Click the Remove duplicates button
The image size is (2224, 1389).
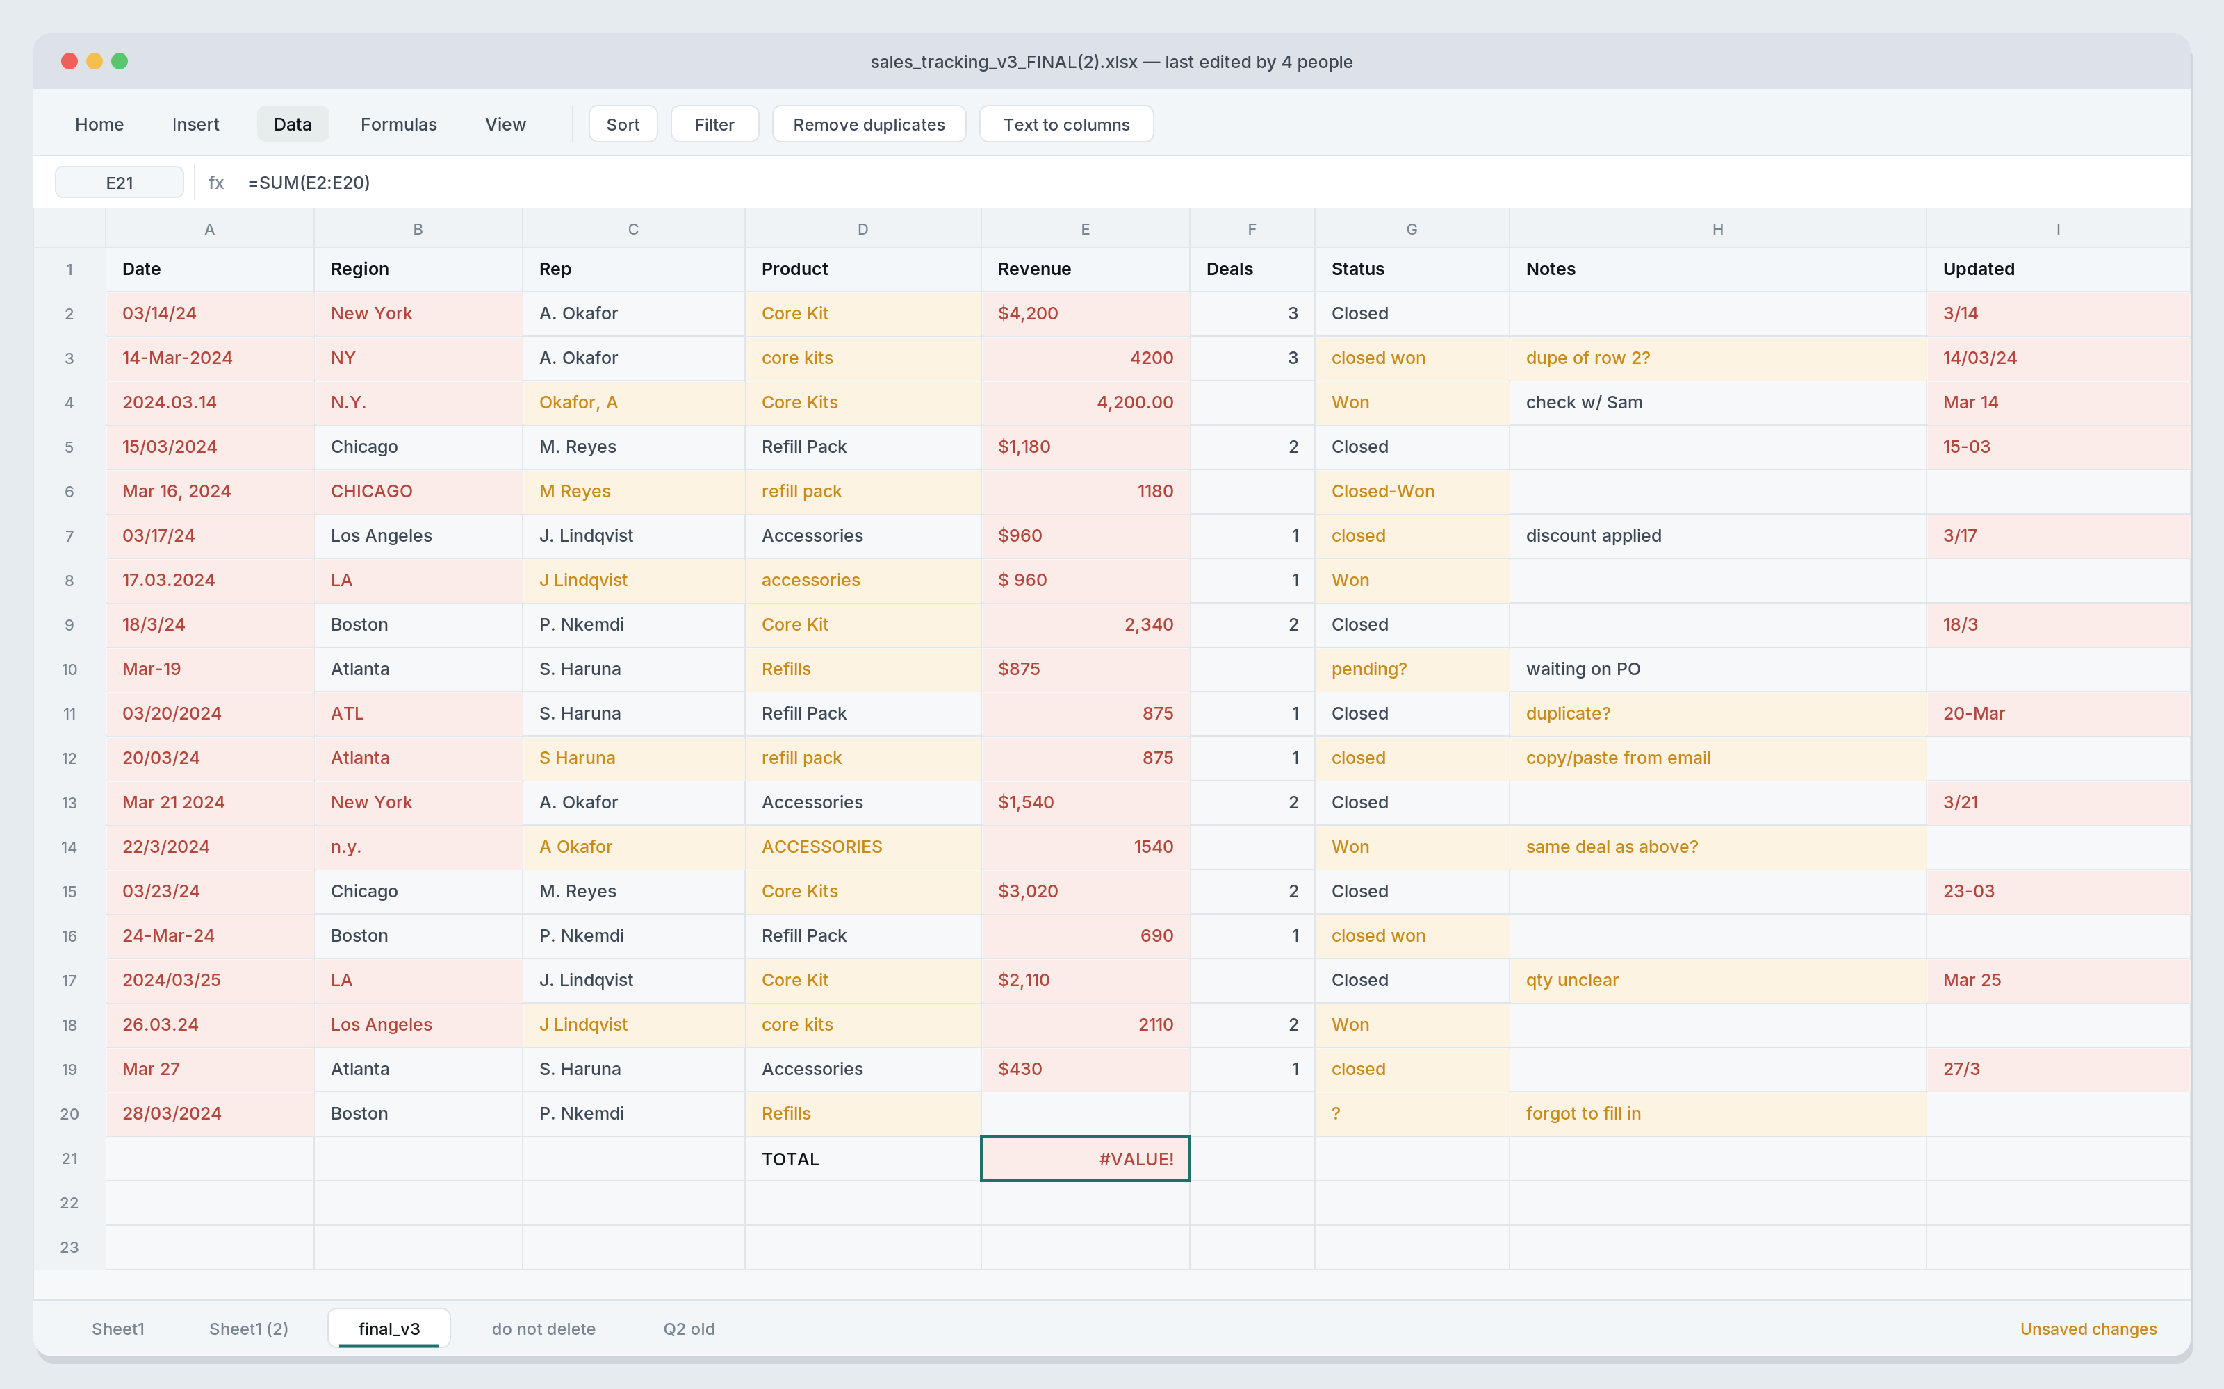pos(869,124)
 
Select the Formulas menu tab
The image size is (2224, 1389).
pos(399,124)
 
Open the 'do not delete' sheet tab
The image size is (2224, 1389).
pos(543,1329)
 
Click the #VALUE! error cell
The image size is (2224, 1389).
pos(1086,1158)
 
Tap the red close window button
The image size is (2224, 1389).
pos(69,62)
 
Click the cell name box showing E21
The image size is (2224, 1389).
pos(120,182)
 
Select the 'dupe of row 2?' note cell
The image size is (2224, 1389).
pos(1717,358)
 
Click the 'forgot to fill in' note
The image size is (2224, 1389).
pos(1583,1113)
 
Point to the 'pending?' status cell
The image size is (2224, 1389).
pos(1412,669)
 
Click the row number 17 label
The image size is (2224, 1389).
pos(69,980)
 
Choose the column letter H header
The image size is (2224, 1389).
pos(1717,228)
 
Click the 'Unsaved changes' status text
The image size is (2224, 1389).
pos(2088,1329)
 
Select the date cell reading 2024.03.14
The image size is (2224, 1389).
pos(209,402)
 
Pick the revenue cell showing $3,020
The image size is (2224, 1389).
pos(1086,891)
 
